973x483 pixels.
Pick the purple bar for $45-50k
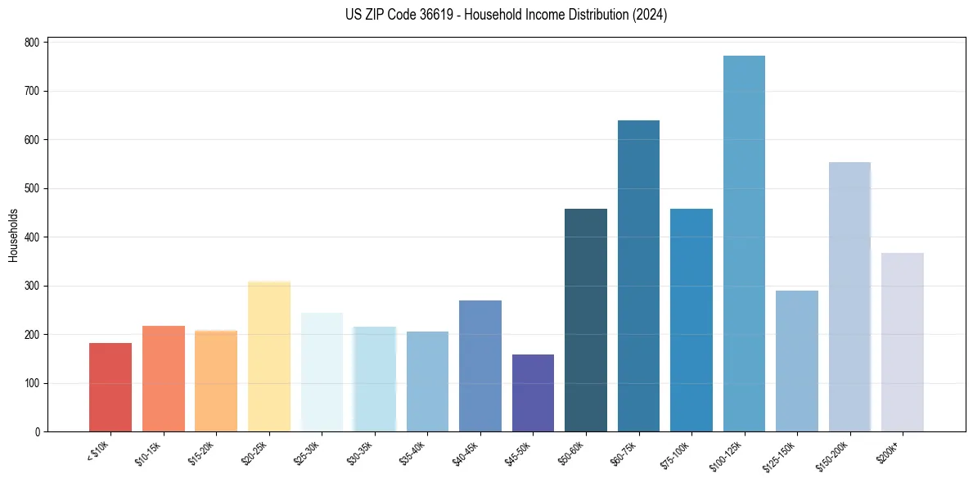click(533, 393)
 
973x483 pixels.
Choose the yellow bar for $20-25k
click(269, 356)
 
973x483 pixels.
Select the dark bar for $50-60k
click(586, 320)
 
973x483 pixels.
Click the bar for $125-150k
click(797, 361)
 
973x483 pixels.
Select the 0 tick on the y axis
click(38, 431)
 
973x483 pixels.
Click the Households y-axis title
click(13, 235)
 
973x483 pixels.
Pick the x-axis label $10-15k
click(150, 453)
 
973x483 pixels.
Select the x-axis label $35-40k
click(414, 453)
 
